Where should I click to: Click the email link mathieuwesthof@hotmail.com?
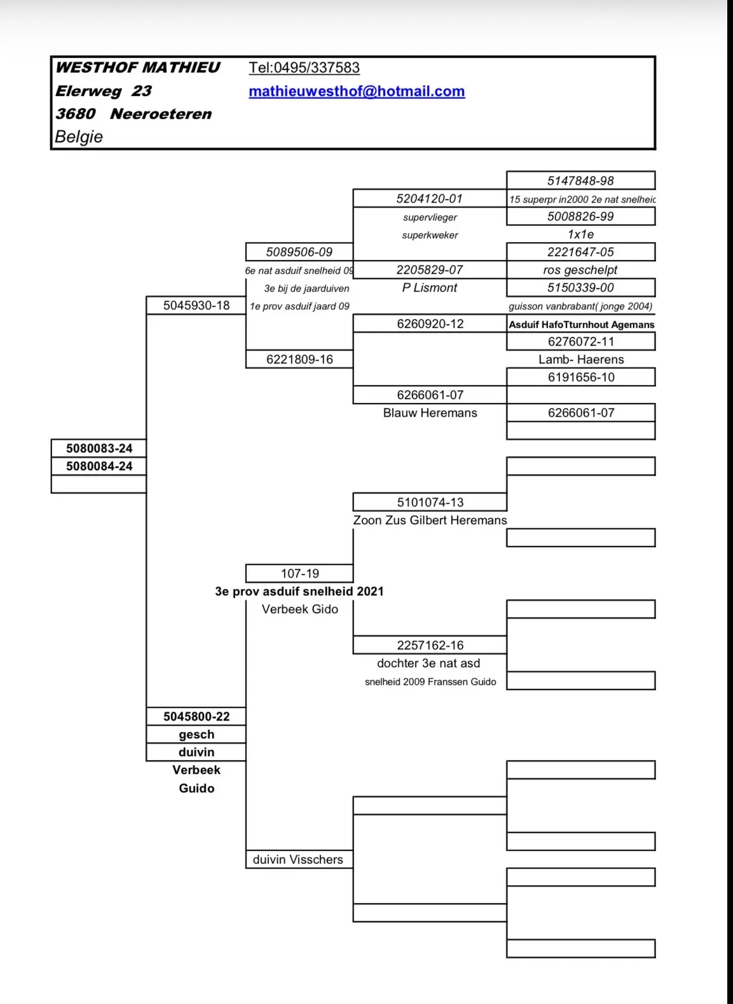[357, 92]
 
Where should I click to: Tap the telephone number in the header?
[305, 68]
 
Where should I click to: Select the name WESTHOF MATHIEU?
[137, 67]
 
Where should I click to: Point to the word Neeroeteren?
[160, 114]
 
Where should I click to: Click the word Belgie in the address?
[79, 137]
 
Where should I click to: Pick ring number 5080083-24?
[99, 448]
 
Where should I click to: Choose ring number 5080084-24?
[99, 466]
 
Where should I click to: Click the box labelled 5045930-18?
[196, 305]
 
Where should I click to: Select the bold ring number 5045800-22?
[196, 716]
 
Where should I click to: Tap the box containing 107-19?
[299, 573]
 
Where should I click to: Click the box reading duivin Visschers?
[299, 859]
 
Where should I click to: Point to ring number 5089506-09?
[299, 252]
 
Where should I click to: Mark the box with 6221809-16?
[299, 359]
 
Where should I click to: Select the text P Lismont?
[430, 288]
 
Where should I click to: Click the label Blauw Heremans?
[430, 413]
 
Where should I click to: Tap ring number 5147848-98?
[580, 180]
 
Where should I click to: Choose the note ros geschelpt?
[580, 270]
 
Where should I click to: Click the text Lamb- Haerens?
[581, 360]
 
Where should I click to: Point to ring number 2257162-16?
[430, 645]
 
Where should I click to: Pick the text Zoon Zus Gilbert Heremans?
[430, 520]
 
